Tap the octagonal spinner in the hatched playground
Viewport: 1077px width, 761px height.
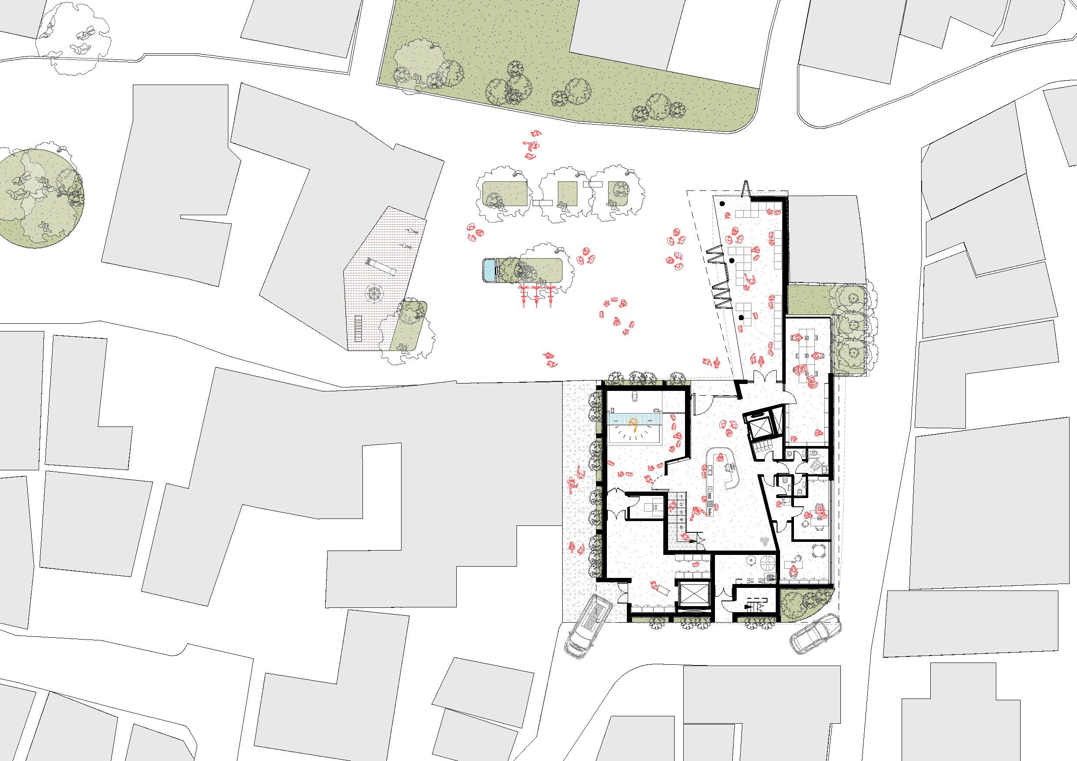tap(375, 294)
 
